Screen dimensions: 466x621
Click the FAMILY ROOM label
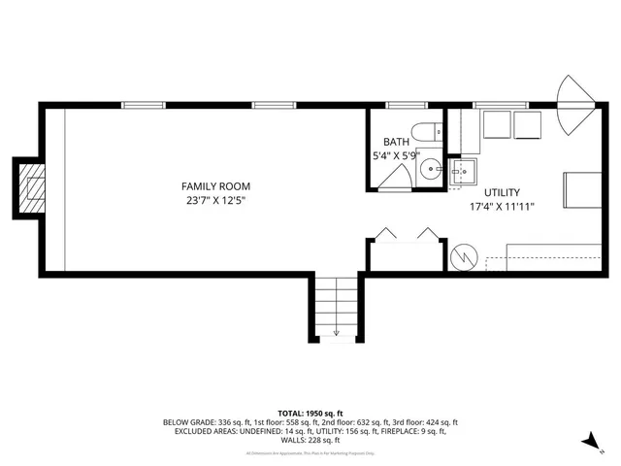click(216, 185)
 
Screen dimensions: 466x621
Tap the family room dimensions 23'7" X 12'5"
click(216, 201)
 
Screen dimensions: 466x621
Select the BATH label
click(396, 141)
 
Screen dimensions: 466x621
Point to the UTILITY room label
click(502, 191)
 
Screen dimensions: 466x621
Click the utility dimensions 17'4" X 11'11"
click(502, 206)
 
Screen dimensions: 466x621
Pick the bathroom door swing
click(394, 177)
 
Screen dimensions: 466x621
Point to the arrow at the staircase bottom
click(336, 332)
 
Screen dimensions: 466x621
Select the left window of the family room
click(142, 105)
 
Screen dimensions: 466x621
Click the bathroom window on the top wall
click(401, 105)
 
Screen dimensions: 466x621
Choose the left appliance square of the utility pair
click(498, 125)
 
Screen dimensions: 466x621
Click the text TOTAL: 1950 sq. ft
click(310, 413)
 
